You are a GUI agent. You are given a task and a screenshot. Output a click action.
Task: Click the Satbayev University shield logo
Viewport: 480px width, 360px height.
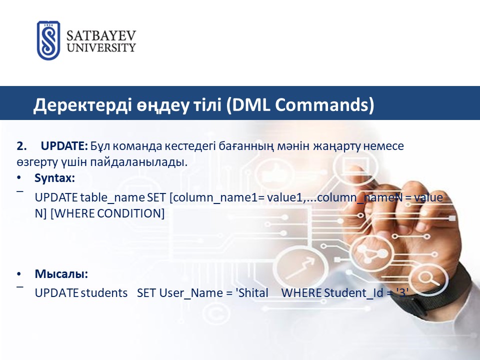[x=48, y=40]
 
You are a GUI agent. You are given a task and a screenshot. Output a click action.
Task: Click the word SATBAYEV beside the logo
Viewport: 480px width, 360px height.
[x=101, y=36]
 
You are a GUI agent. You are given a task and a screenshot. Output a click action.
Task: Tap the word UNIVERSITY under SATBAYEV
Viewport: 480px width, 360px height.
[x=101, y=48]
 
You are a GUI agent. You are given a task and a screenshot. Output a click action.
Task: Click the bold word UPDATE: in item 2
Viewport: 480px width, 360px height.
[x=64, y=146]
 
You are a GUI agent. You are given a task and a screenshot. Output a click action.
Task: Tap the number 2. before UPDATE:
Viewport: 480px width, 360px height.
[x=21, y=146]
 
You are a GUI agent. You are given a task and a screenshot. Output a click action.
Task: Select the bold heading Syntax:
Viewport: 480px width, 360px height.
[x=55, y=178]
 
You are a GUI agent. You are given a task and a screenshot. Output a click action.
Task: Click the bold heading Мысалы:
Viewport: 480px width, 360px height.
[x=61, y=273]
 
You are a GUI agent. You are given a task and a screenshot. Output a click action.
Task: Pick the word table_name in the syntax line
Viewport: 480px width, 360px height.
[x=112, y=197]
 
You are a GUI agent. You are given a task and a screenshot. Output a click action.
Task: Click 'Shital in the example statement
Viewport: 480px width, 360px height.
[x=252, y=293]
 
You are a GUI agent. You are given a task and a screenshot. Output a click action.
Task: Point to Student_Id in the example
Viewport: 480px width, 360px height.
[x=353, y=293]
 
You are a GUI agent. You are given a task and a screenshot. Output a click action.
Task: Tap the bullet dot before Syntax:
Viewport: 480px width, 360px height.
[x=19, y=177]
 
